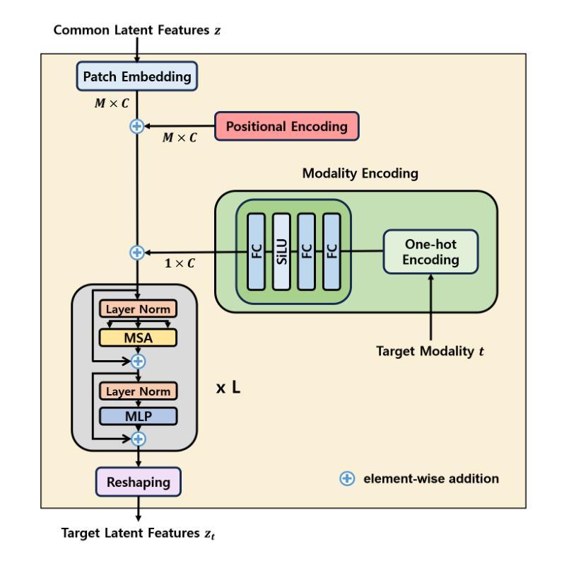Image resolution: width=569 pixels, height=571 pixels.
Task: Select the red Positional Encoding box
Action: pos(286,127)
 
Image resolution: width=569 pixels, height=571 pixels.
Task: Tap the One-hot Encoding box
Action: pos(431,252)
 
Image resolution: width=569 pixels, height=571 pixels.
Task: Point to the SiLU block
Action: pos(282,252)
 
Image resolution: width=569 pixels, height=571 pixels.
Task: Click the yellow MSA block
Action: pos(138,337)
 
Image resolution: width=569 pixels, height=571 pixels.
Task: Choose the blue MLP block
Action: pos(138,415)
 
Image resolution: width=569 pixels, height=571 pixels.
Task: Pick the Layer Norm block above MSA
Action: pos(138,310)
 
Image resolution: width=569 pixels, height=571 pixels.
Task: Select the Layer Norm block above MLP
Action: pos(138,391)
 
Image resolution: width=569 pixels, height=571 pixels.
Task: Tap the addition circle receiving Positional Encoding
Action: pos(137,127)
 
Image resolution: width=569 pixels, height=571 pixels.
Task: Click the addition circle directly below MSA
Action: pos(139,362)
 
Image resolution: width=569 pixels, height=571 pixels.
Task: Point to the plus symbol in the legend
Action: pos(347,479)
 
